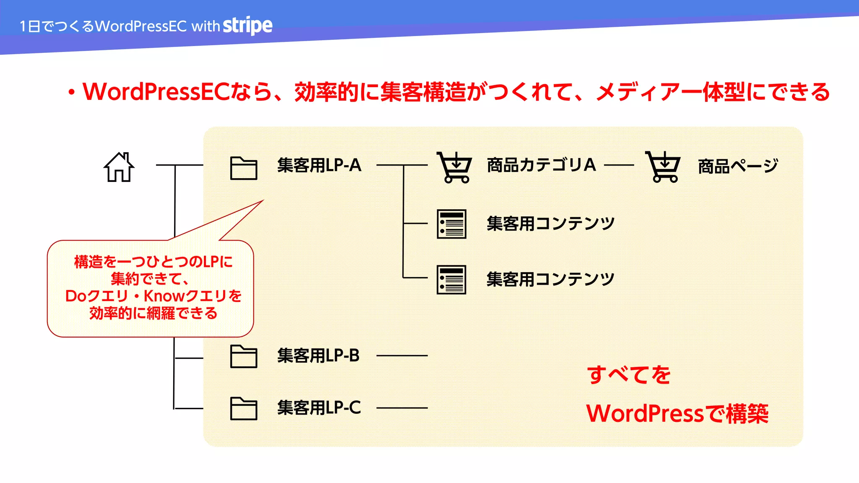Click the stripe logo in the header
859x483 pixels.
coord(247,26)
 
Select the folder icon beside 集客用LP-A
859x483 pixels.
coord(244,168)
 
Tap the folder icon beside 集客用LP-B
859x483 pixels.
coord(244,356)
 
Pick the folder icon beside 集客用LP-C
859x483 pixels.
coord(244,408)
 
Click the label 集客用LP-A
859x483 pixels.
coord(319,166)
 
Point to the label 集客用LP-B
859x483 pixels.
coord(318,356)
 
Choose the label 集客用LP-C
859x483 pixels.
coord(319,408)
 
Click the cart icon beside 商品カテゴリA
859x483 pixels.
coord(454,167)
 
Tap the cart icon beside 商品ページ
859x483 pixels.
coord(663,167)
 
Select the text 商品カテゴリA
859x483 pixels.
coord(541,165)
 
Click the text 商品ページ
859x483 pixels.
coord(738,166)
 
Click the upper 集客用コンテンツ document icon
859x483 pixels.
coord(451,224)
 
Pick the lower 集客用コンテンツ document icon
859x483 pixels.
coord(451,280)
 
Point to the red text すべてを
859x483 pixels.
coord(629,374)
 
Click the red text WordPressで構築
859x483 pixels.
coord(677,414)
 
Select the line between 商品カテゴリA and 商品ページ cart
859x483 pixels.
coord(619,165)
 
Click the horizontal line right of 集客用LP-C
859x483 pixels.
coord(402,408)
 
